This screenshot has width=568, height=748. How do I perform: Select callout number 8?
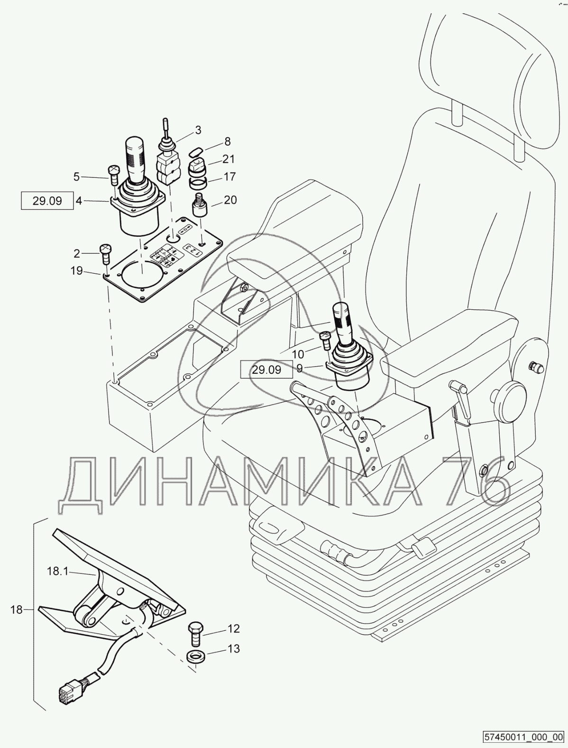click(x=228, y=141)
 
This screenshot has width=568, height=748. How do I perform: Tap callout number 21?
click(x=229, y=159)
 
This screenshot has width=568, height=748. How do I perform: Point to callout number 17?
click(x=229, y=177)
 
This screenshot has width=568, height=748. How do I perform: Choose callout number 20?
click(x=230, y=200)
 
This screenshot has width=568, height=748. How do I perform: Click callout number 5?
click(x=76, y=177)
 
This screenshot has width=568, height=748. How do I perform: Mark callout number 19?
click(x=76, y=271)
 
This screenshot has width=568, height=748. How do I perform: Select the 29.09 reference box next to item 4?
click(x=47, y=201)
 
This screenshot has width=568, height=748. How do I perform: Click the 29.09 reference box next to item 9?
click(x=266, y=369)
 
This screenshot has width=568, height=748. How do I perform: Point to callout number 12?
click(x=233, y=629)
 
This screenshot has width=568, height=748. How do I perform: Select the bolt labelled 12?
click(x=195, y=633)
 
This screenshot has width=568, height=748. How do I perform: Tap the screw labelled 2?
click(x=105, y=253)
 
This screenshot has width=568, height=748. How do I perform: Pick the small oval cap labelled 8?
click(x=195, y=151)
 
